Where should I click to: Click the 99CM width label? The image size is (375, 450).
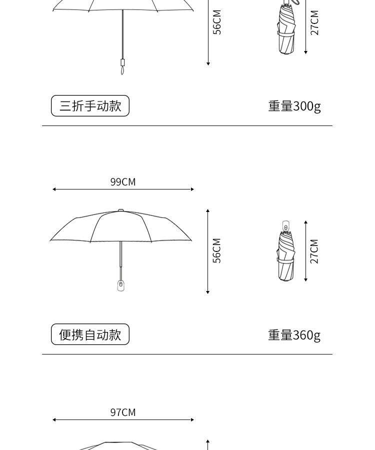tap(123, 182)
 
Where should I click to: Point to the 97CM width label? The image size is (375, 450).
tap(123, 412)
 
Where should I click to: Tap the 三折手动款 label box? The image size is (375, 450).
tap(90, 106)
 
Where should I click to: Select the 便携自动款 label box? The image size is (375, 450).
tap(90, 334)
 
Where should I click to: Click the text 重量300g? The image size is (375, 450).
tap(294, 106)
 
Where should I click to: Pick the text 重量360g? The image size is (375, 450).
tap(294, 334)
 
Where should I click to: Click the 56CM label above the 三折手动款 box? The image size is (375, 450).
tap(217, 22)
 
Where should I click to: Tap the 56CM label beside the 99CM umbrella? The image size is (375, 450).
tap(217, 250)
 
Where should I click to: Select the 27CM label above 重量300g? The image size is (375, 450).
tap(314, 22)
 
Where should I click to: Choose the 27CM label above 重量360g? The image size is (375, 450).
tap(314, 251)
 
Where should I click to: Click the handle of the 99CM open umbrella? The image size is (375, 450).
tap(120, 285)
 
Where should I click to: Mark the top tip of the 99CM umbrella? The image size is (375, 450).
tap(120, 210)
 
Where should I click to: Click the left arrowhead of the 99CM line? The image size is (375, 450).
tap(54, 189)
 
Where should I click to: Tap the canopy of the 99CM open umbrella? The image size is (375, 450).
tap(120, 227)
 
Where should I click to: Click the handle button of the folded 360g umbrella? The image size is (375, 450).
tap(285, 226)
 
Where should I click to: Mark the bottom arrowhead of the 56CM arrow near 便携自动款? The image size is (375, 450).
tap(207, 292)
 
